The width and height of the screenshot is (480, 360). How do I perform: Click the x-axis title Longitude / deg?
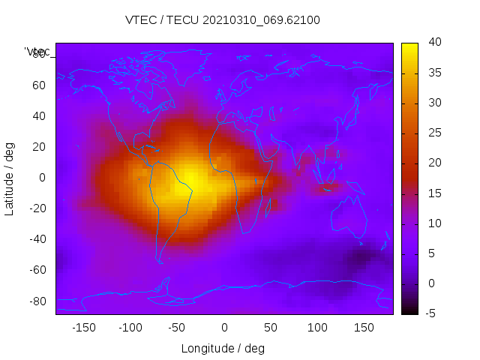tap(223, 348)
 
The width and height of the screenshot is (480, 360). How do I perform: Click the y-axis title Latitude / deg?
tap(10, 178)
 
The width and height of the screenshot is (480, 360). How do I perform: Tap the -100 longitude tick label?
tap(130, 327)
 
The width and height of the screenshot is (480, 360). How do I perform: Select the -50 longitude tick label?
tap(177, 327)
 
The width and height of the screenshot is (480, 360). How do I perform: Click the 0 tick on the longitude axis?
tap(224, 327)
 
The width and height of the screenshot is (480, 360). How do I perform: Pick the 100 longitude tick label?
tap(317, 327)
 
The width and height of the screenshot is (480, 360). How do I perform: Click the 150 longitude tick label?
tap(364, 327)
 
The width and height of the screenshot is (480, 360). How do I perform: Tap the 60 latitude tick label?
tap(38, 85)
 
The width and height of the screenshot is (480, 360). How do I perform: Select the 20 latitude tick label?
tap(38, 146)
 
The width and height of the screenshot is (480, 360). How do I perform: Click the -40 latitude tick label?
tap(36, 239)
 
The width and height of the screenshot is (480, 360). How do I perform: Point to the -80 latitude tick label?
tap(36, 301)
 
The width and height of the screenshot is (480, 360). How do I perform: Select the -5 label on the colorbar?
tap(430, 313)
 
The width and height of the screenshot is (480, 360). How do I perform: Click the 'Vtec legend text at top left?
tap(37, 52)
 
